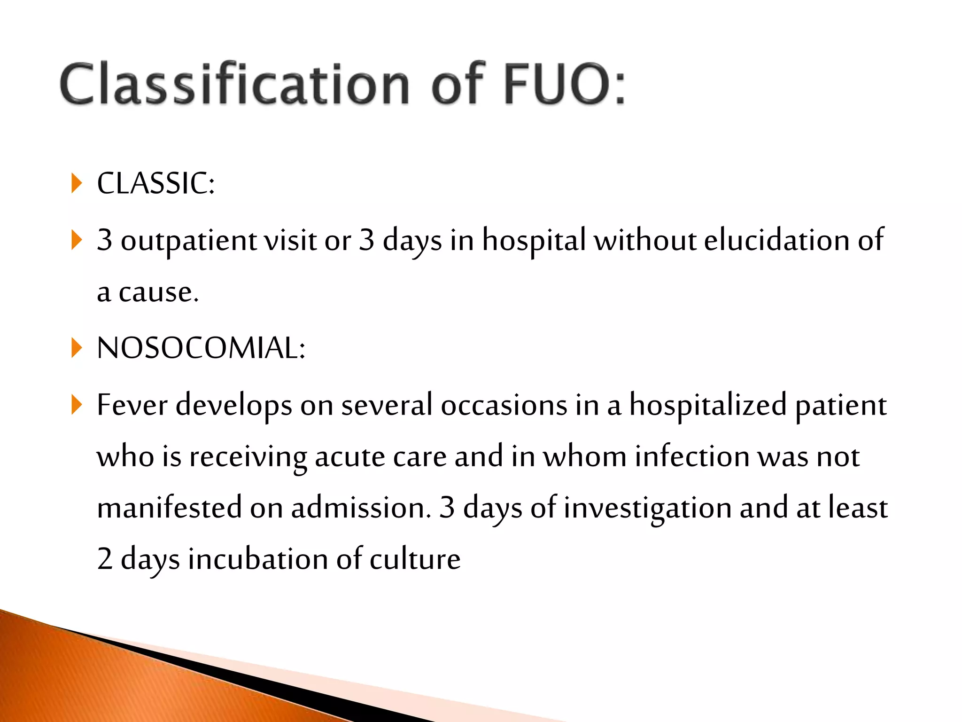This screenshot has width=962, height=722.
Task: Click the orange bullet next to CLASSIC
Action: click(77, 183)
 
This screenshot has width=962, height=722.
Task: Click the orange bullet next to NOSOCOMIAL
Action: click(77, 348)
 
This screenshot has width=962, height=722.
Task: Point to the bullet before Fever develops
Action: click(77, 405)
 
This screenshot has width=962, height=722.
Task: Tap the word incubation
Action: click(258, 559)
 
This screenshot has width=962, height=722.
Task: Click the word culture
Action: click(415, 559)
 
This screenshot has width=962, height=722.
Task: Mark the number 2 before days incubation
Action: click(105, 559)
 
